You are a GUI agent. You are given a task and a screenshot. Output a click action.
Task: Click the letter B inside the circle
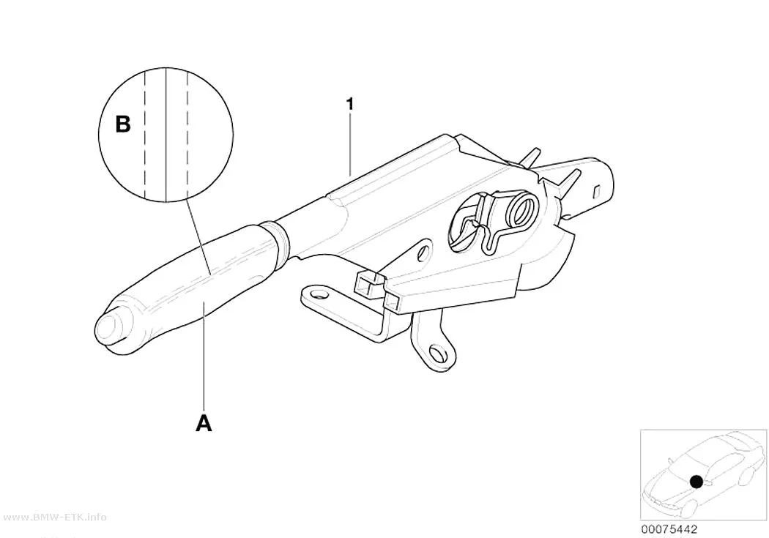(122, 124)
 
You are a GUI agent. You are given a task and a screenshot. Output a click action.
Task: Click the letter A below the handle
(204, 423)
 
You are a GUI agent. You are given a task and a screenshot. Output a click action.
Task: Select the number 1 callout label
(349, 105)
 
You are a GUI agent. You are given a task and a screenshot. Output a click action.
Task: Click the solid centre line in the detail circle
(166, 135)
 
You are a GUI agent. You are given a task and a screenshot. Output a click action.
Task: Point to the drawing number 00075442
(669, 529)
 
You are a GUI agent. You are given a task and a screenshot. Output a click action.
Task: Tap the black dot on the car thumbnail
(696, 481)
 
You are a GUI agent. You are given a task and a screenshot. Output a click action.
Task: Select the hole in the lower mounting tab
(436, 353)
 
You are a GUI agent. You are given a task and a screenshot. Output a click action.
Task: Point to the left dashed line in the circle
(145, 134)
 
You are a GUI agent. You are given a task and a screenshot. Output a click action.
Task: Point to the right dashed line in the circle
(187, 134)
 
